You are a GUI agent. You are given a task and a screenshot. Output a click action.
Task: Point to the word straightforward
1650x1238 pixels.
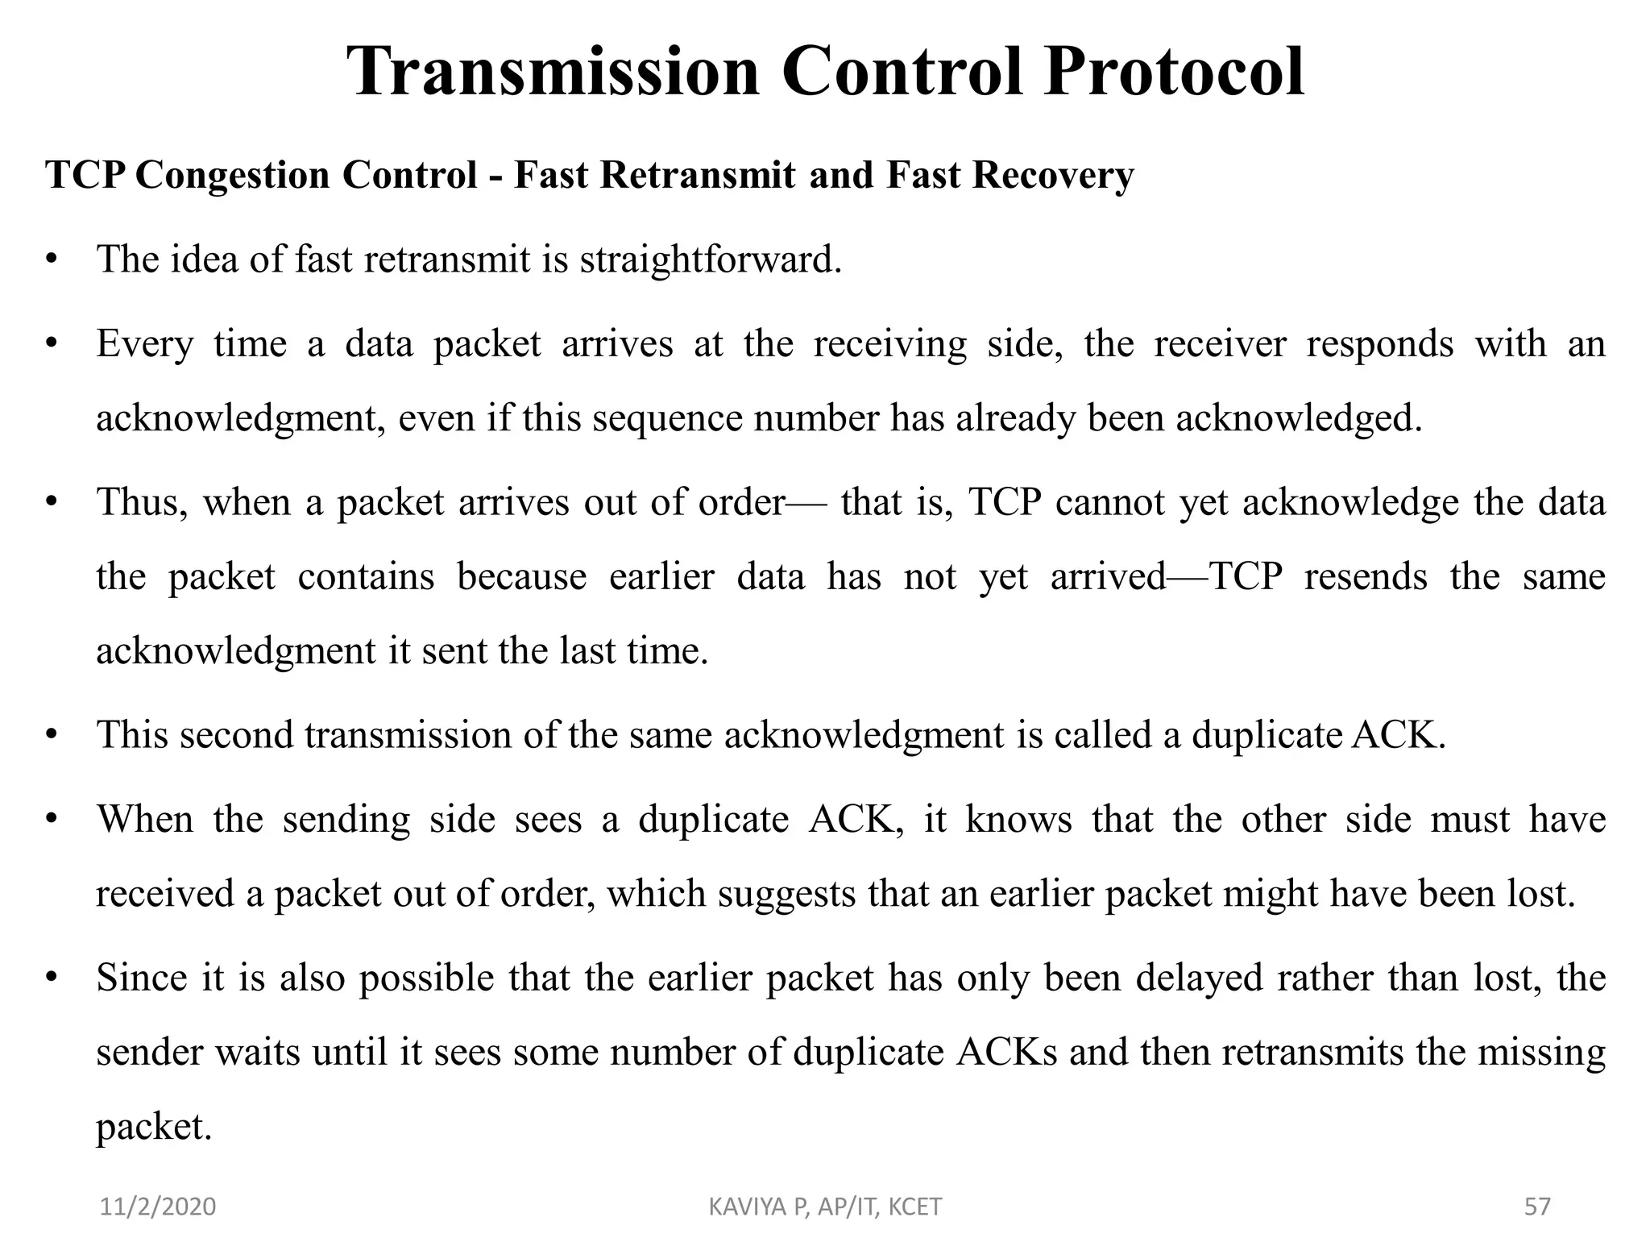(x=710, y=260)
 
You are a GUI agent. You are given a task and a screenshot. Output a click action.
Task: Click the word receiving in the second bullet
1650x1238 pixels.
(x=889, y=344)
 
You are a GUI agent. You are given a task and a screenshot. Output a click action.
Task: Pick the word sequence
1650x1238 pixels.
(x=667, y=418)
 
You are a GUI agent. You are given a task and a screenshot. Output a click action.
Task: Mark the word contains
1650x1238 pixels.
(x=366, y=577)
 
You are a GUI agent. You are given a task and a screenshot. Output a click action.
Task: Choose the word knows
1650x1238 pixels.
(x=1018, y=820)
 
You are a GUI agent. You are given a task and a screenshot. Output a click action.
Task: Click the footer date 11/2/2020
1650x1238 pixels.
(x=158, y=1207)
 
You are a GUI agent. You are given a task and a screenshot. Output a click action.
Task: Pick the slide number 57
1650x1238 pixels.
(x=1537, y=1207)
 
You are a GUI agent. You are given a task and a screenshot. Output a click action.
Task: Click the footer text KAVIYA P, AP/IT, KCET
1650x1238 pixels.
(x=825, y=1207)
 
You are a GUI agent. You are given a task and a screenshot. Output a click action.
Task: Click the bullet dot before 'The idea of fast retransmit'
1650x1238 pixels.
(x=52, y=260)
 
